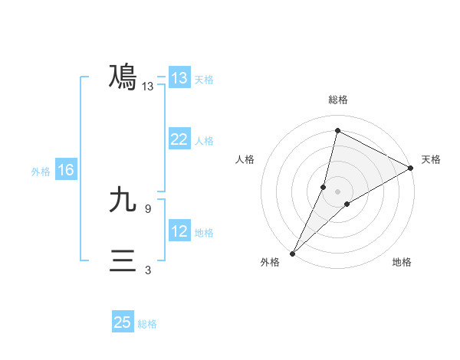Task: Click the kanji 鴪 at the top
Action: coord(123,77)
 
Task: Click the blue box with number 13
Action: coord(179,78)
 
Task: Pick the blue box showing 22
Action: coord(179,139)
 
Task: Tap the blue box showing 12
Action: coord(179,231)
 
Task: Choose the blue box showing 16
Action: coord(65,170)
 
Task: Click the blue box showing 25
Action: coord(123,322)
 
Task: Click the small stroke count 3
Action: coord(148,270)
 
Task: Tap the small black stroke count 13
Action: coord(148,87)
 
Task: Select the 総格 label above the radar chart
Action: coord(337,100)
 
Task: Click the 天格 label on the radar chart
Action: coord(431,159)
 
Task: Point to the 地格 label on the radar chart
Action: coord(402,262)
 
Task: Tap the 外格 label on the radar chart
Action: coord(270,262)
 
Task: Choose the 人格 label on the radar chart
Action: coord(245,159)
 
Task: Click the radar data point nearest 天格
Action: coord(411,168)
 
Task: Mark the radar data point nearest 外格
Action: coord(292,253)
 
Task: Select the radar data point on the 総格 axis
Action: coord(337,131)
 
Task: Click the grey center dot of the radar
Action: coord(337,191)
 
